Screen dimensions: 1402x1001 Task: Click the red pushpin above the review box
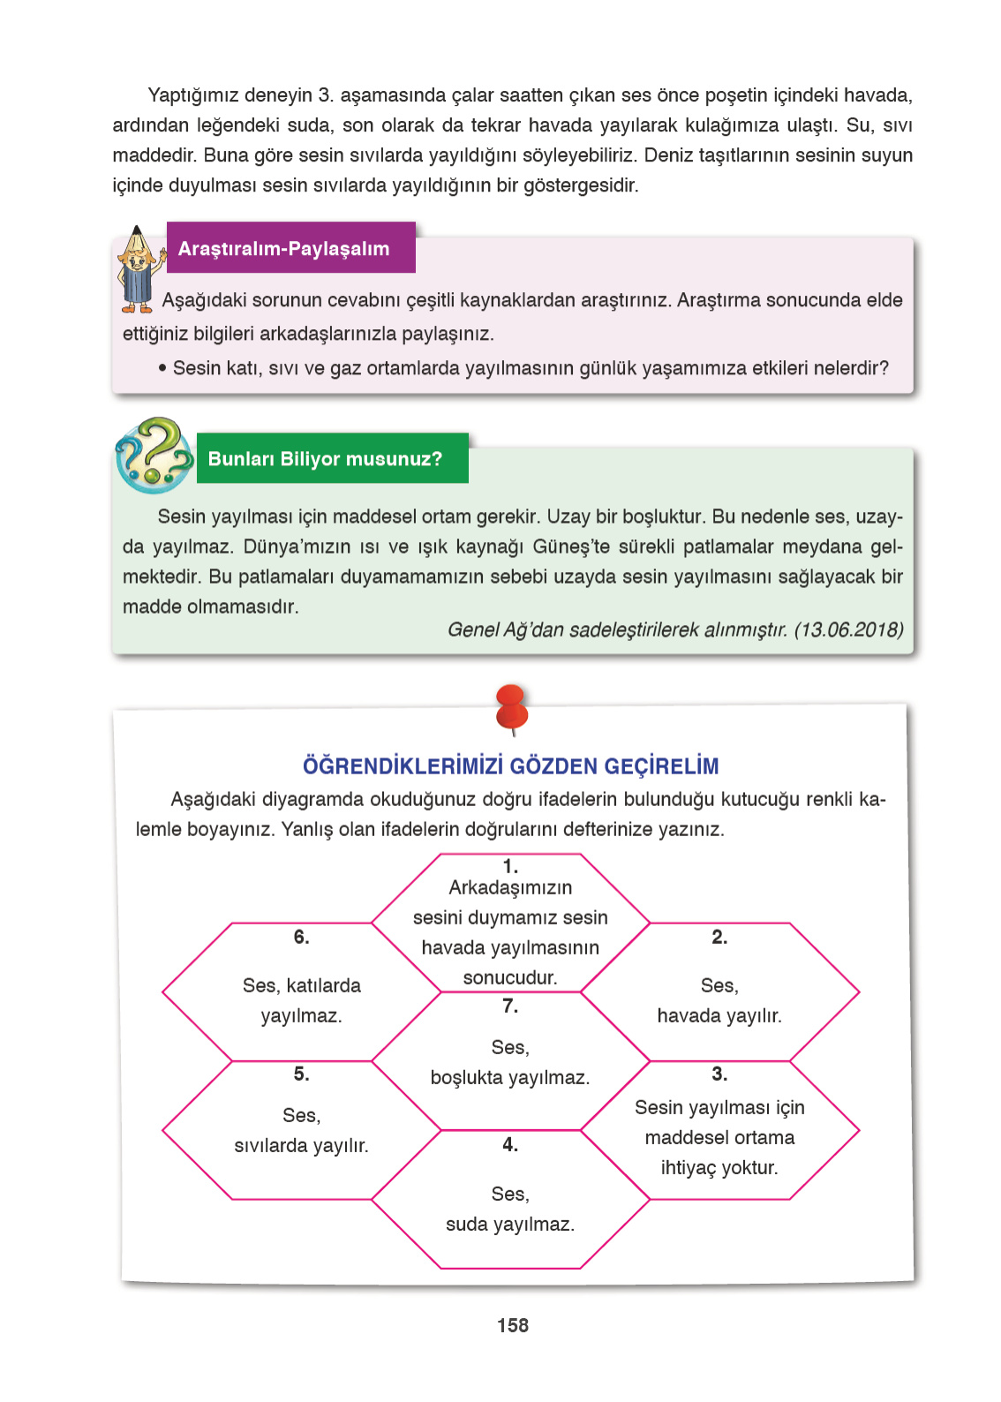[x=512, y=708]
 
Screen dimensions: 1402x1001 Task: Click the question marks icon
[x=154, y=455]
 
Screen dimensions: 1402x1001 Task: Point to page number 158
[x=513, y=1325]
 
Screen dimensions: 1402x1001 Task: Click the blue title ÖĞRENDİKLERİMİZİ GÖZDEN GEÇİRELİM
[x=510, y=765]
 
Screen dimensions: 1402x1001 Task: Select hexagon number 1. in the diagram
[x=510, y=923]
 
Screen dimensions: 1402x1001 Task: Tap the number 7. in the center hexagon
[x=510, y=1006]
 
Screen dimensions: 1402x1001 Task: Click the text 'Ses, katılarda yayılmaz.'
[x=301, y=1000]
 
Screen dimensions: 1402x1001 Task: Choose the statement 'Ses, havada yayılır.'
[x=719, y=1000]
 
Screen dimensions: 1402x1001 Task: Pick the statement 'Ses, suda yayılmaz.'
[x=510, y=1209]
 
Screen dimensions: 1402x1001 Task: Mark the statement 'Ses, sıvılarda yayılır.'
[x=301, y=1130]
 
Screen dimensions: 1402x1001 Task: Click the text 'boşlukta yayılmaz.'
[x=510, y=1077]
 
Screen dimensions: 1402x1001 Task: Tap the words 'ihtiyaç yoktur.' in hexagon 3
[x=719, y=1167]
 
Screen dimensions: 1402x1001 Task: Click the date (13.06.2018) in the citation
[x=848, y=629]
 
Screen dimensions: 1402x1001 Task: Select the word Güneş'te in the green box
[x=571, y=546]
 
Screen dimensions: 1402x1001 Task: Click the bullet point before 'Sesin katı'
[x=162, y=367]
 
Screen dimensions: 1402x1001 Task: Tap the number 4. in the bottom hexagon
[x=510, y=1144]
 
